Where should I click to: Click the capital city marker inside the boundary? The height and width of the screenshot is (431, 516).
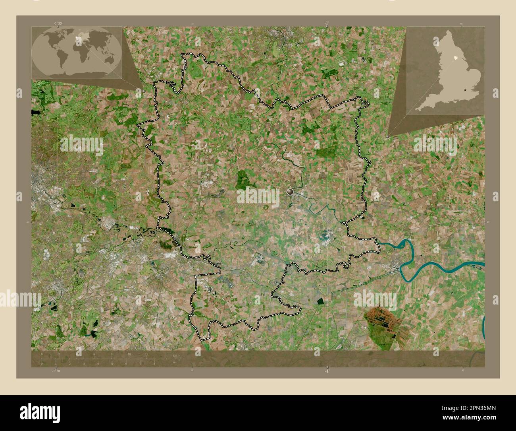(291, 192)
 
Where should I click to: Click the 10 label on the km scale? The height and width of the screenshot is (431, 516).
(129, 354)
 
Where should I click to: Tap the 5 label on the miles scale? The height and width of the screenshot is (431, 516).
(112, 363)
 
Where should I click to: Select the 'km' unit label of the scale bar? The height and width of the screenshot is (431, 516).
(175, 355)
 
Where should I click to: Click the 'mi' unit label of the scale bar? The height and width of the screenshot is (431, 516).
(175, 362)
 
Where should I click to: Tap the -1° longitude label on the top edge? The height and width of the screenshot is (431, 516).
(326, 23)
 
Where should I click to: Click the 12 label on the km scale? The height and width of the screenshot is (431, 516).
(146, 354)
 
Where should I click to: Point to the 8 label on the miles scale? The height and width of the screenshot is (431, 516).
(154, 363)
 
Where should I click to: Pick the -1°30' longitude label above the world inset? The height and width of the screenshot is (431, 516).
(58, 23)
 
